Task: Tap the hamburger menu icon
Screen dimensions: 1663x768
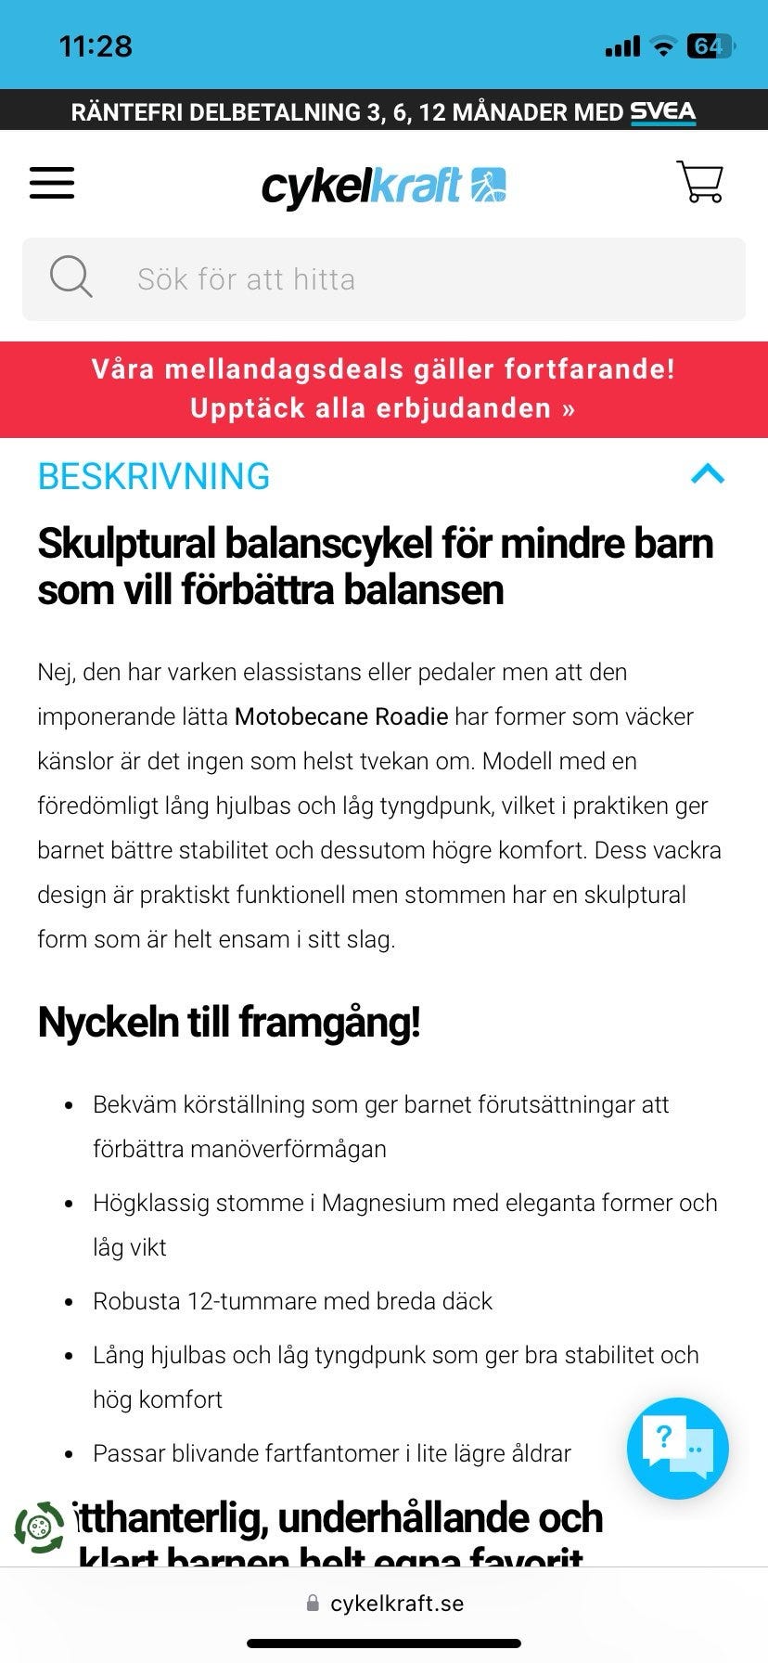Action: pyautogui.click(x=52, y=183)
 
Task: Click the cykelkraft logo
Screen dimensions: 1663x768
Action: pyautogui.click(x=383, y=186)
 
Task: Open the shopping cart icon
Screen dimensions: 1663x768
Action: pyautogui.click(x=700, y=182)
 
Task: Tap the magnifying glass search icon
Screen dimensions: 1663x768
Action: pyautogui.click(x=70, y=277)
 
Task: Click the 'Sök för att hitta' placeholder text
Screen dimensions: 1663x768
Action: pyautogui.click(x=246, y=279)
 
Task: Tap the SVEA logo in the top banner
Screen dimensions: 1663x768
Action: pyautogui.click(x=662, y=112)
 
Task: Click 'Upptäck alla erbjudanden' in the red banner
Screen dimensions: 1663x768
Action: pyautogui.click(x=382, y=408)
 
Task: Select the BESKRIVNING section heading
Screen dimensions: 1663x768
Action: pyautogui.click(x=153, y=476)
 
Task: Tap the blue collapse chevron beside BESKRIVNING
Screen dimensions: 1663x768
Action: pyautogui.click(x=708, y=474)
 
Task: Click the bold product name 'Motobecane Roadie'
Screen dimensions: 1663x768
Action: pyautogui.click(x=341, y=716)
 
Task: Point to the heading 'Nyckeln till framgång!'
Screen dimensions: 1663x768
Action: pyautogui.click(x=228, y=1022)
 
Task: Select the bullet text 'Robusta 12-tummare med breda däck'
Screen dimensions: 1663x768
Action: pyautogui.click(x=292, y=1301)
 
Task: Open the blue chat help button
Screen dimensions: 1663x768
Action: pyautogui.click(x=677, y=1448)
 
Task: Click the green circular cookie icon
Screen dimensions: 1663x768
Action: pyautogui.click(x=39, y=1528)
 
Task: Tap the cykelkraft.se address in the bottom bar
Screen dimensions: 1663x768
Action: pyautogui.click(x=396, y=1604)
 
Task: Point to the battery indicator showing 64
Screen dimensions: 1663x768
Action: pyautogui.click(x=710, y=45)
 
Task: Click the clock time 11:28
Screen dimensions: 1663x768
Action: pyautogui.click(x=96, y=45)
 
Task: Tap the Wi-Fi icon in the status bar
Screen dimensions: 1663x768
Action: pyautogui.click(x=662, y=45)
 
